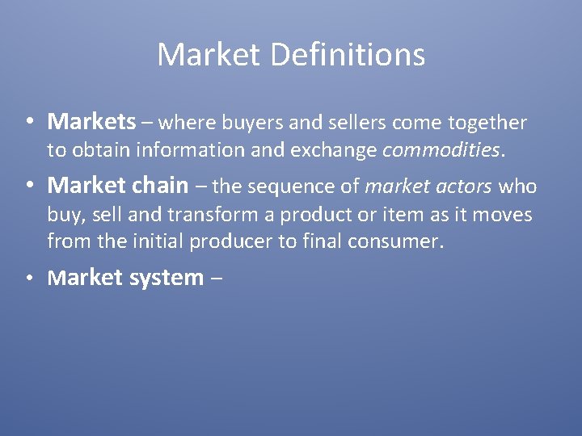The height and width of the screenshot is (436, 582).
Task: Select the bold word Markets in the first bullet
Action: point(91,122)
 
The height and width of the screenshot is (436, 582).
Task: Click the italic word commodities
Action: point(444,149)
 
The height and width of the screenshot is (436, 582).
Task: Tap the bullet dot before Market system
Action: point(28,279)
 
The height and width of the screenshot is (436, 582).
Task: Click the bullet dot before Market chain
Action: point(28,186)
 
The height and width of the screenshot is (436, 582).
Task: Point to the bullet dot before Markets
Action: point(28,123)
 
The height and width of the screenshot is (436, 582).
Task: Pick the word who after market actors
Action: point(517,186)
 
